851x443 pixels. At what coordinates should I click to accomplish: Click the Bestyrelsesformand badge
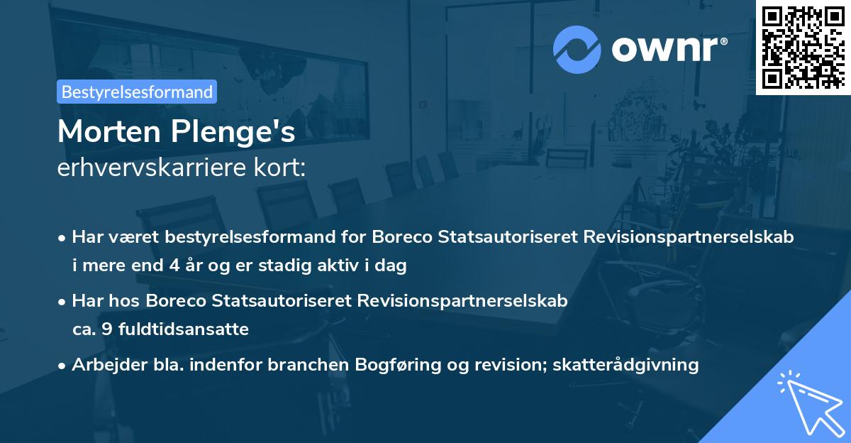[136, 92]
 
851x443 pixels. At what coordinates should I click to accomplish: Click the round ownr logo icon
[577, 49]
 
